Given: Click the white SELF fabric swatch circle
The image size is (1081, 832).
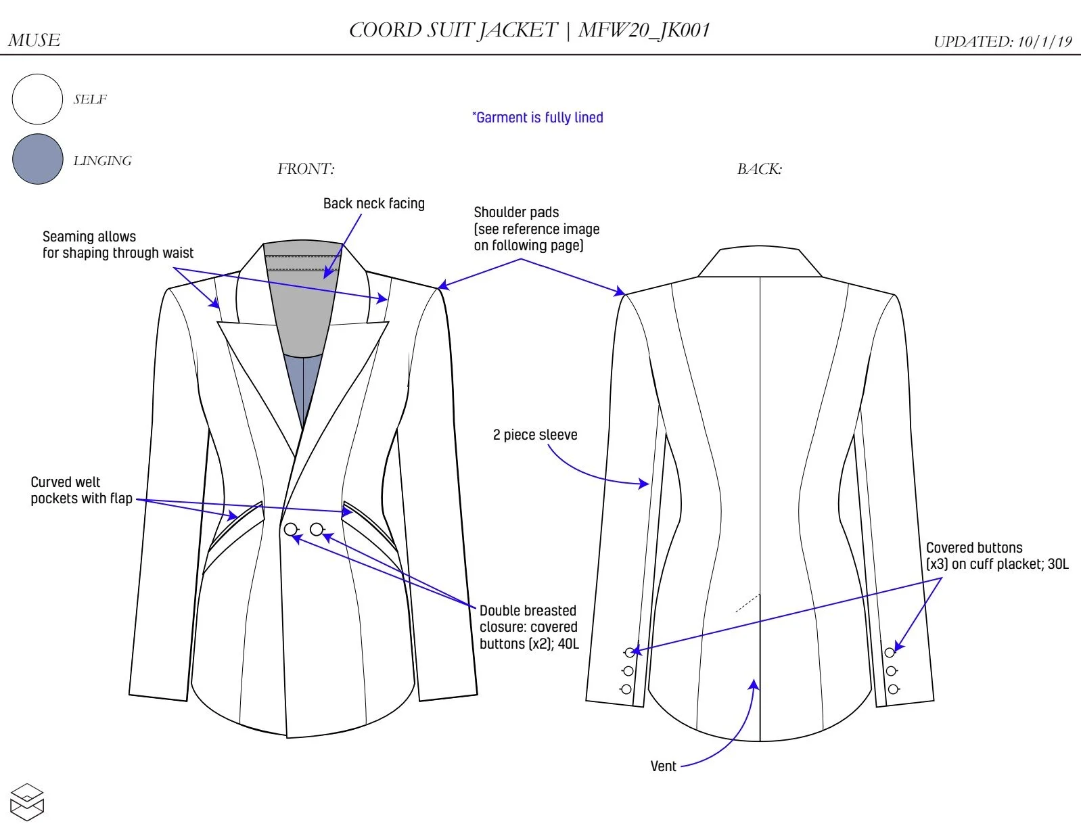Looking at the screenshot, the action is tap(37, 99).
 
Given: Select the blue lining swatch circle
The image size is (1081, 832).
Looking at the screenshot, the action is tap(38, 159).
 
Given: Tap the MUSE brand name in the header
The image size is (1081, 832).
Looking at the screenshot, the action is tap(34, 41).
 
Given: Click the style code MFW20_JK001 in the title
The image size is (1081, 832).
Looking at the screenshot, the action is tap(644, 30).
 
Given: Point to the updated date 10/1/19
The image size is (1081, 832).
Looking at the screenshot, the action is tap(1044, 41).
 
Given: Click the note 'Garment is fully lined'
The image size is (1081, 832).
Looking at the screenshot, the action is tap(538, 118).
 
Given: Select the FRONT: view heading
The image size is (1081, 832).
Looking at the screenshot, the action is tap(306, 169).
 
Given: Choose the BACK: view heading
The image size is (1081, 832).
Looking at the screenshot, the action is tap(760, 169).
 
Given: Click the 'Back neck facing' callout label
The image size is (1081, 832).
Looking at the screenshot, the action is tap(374, 204).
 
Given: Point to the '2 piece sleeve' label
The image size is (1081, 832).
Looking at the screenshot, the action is tap(535, 435).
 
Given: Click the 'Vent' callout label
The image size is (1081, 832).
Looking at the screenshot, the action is tap(663, 766).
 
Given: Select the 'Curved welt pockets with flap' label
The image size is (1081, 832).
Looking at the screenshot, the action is tap(82, 490).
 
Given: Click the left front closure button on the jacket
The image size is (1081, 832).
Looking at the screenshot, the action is tap(291, 529).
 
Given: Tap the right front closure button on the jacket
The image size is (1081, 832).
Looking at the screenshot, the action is tap(317, 529).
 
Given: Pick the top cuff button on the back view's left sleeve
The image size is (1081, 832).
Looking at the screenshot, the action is tap(630, 652).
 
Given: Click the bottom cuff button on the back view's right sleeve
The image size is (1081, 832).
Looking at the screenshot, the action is tap(893, 689).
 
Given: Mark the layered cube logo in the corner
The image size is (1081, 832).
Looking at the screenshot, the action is tap(27, 802).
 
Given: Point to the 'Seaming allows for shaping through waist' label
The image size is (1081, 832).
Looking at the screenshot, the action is tap(118, 245).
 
